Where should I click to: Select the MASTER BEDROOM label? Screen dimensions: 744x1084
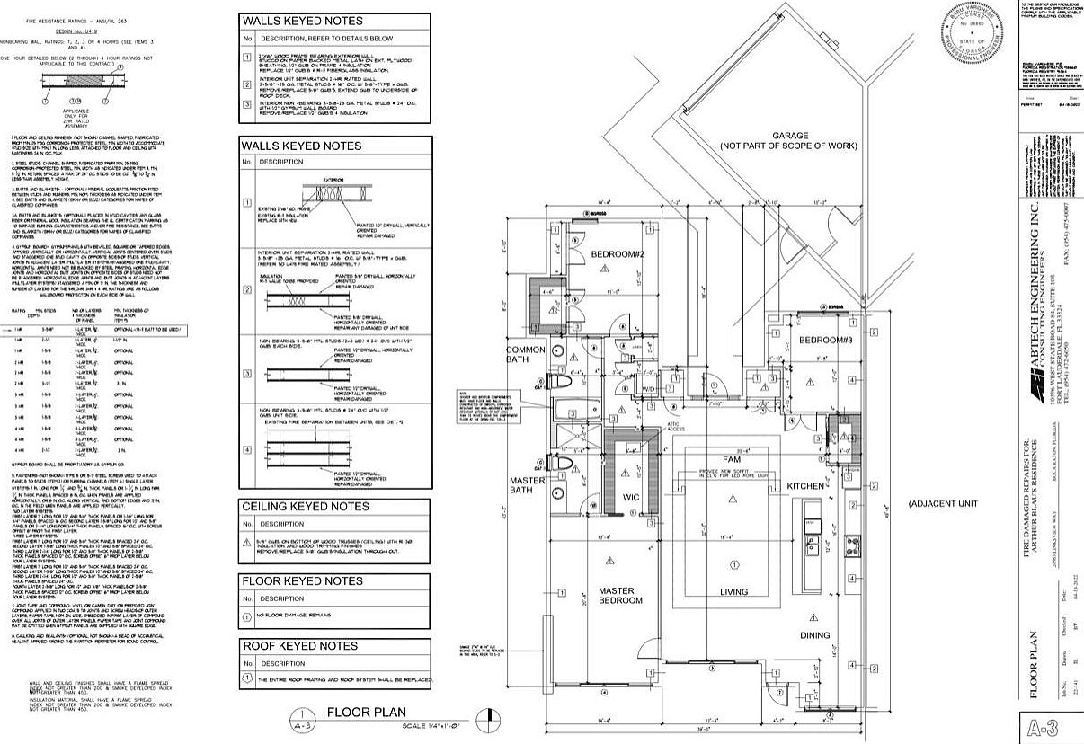click(x=618, y=597)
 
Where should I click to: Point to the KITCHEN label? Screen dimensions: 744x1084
click(x=806, y=485)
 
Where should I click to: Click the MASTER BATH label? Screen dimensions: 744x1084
click(x=528, y=486)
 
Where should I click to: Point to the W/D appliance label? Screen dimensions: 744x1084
click(x=648, y=388)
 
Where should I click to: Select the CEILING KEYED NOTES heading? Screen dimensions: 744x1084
click(x=306, y=506)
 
